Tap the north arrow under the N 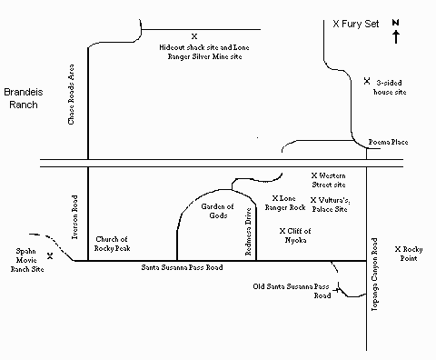[x=396, y=36]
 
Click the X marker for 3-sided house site [x=367, y=82]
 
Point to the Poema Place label [x=387, y=143]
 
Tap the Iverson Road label [x=72, y=217]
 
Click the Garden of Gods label [x=217, y=211]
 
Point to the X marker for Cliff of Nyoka [x=282, y=231]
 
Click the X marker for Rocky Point [x=397, y=248]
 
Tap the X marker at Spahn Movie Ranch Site [x=50, y=255]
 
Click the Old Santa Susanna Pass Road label [x=292, y=291]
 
